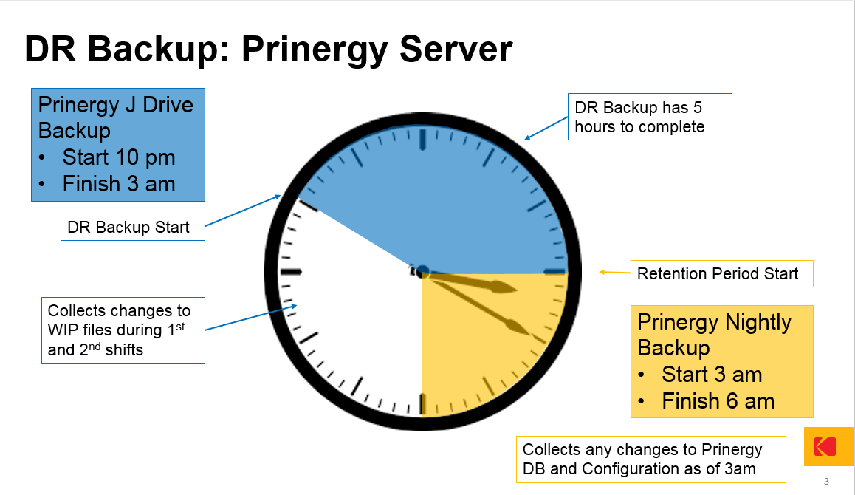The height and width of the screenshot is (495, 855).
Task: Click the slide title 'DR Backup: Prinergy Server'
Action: pyautogui.click(x=268, y=49)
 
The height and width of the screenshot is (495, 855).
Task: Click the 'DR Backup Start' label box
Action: pyautogui.click(x=132, y=227)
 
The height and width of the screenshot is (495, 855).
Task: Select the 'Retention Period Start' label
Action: pyautogui.click(x=721, y=273)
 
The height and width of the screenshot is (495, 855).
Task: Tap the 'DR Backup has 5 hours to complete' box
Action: pyautogui.click(x=650, y=117)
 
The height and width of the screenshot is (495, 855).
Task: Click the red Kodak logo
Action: pyautogui.click(x=825, y=446)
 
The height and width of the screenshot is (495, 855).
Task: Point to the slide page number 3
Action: pyautogui.click(x=826, y=482)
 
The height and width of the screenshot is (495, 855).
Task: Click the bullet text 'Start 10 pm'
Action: pyautogui.click(x=119, y=157)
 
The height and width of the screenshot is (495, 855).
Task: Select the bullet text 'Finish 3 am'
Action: pyautogui.click(x=119, y=184)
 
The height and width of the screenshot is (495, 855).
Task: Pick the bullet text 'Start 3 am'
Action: pyautogui.click(x=712, y=375)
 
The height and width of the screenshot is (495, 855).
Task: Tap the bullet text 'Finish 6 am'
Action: pyautogui.click(x=718, y=401)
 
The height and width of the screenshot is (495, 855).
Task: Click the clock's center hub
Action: pyautogui.click(x=422, y=272)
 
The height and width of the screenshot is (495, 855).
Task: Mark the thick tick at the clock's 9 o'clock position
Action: pyautogui.click(x=291, y=272)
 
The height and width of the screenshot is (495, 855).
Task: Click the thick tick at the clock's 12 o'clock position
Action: pyautogui.click(x=422, y=139)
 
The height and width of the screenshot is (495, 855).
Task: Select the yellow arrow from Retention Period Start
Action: pyautogui.click(x=615, y=272)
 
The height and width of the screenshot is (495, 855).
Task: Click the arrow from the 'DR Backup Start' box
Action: pyautogui.click(x=243, y=211)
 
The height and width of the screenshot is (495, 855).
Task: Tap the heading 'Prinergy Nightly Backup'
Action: pyautogui.click(x=714, y=335)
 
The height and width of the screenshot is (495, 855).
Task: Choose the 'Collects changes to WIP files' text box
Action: pyautogui.click(x=123, y=331)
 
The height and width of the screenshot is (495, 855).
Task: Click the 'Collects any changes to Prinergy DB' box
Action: pyautogui.click(x=651, y=460)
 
